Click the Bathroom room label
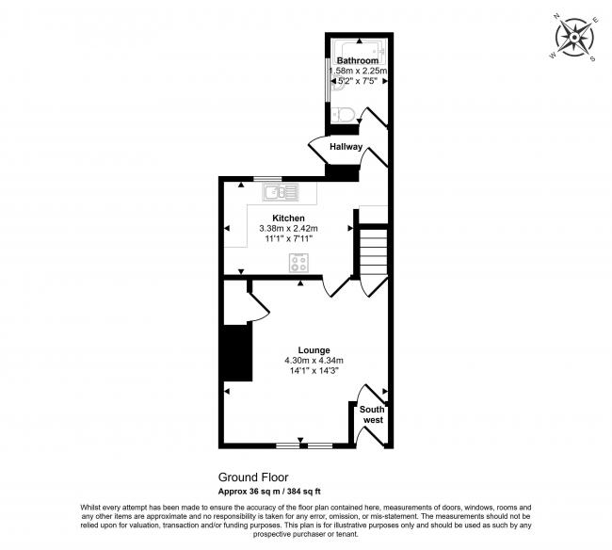pyautogui.click(x=358, y=60)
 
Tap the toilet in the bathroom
pyautogui.click(x=344, y=114)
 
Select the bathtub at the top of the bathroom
pyautogui.click(x=359, y=51)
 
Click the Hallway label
pyautogui.click(x=346, y=147)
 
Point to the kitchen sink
pyautogui.click(x=281, y=192)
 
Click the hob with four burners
pyautogui.click(x=299, y=263)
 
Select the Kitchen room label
pyautogui.click(x=288, y=218)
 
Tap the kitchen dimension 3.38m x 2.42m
pyautogui.click(x=288, y=228)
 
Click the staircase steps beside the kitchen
pyautogui.click(x=373, y=251)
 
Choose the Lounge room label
pyautogui.click(x=314, y=350)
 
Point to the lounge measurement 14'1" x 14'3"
pyautogui.click(x=314, y=371)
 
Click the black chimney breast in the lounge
pyautogui.click(x=237, y=352)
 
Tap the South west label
pyautogui.click(x=373, y=414)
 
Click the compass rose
pyautogui.click(x=574, y=38)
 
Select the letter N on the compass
pyautogui.click(x=556, y=16)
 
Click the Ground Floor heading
pyautogui.click(x=253, y=477)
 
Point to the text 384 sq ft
pyautogui.click(x=304, y=492)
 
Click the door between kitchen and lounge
pyautogui.click(x=336, y=287)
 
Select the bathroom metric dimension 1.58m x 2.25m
pyautogui.click(x=359, y=71)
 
